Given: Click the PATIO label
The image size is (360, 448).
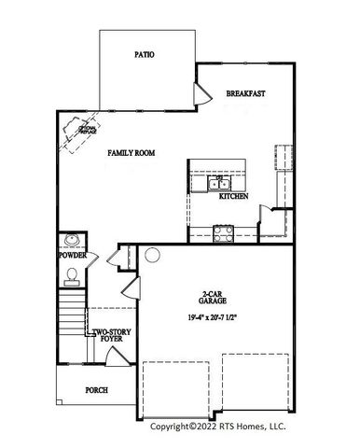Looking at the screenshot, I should [145, 55].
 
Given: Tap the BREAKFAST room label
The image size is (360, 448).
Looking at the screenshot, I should [246, 93].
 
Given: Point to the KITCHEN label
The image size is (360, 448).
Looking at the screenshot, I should [233, 198].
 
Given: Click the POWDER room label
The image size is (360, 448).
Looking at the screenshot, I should [72, 255].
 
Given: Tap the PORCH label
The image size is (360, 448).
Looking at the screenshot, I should [97, 391].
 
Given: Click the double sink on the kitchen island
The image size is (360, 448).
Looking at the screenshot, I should [204, 183].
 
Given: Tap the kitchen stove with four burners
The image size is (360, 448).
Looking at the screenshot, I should [225, 233].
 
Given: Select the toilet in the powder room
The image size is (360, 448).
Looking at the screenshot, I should [72, 274].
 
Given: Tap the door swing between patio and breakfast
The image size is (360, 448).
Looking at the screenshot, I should [200, 93].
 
